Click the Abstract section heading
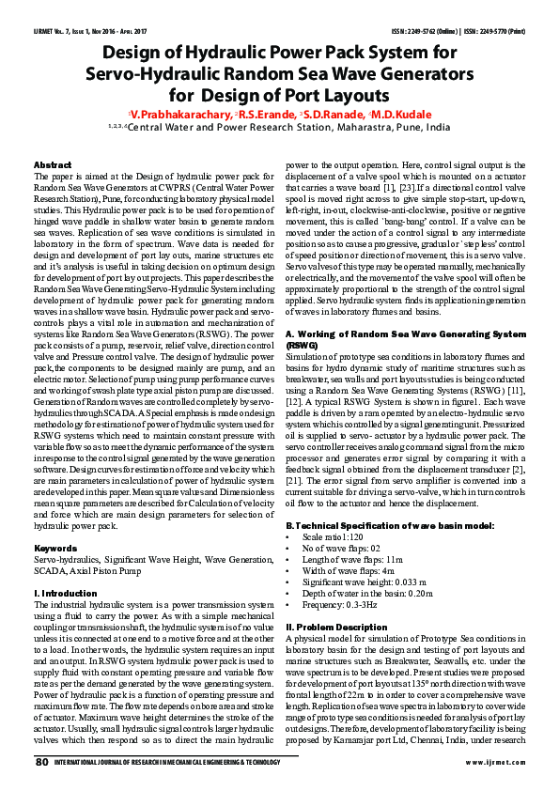tap(53, 164)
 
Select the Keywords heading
tap(55, 548)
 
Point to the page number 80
tap(42, 762)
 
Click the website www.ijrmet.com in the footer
tap(486, 763)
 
